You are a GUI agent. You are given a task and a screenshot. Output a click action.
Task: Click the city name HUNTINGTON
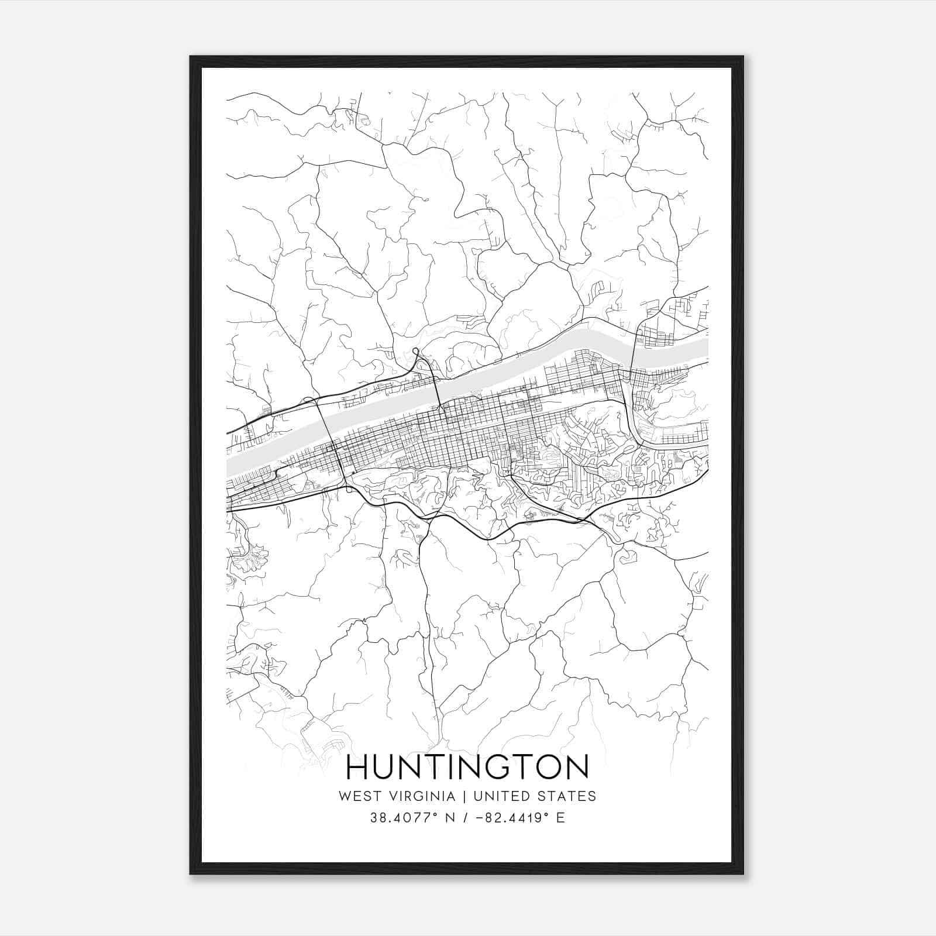[x=467, y=767]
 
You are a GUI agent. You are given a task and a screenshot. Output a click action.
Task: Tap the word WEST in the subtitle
[x=357, y=796]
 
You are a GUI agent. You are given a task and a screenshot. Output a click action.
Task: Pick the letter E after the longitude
[x=560, y=818]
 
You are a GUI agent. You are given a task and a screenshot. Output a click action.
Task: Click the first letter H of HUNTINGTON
[x=359, y=767]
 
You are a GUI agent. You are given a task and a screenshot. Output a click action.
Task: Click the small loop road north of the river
[x=415, y=351]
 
